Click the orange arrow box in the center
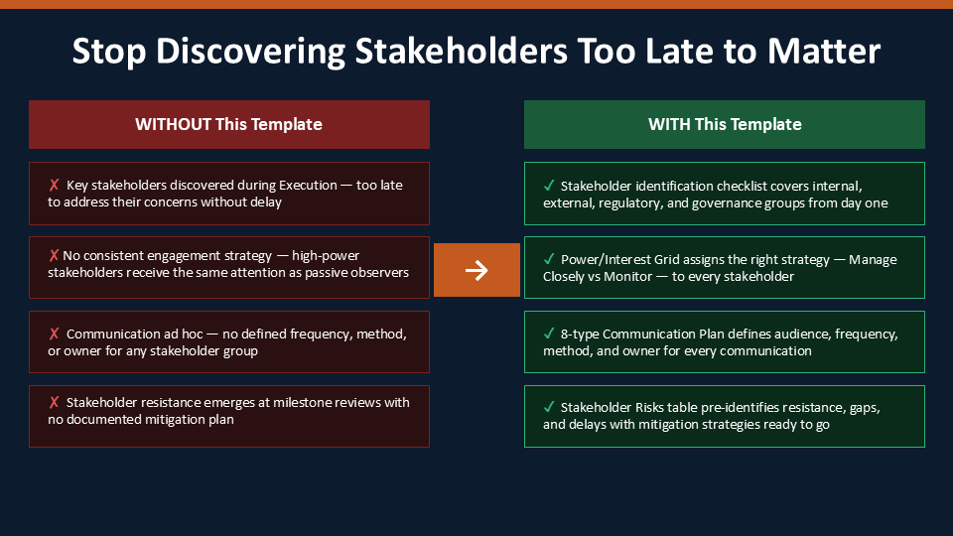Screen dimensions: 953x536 click(x=476, y=270)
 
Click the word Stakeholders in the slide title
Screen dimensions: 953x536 click(x=462, y=51)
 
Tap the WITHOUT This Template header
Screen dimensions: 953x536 click(x=229, y=125)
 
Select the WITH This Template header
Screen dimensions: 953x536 click(x=725, y=125)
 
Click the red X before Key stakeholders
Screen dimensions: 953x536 click(x=54, y=185)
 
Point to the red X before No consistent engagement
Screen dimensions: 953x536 click(x=54, y=255)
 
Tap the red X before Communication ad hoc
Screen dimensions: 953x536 click(x=54, y=334)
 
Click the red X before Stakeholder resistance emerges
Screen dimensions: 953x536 click(x=54, y=402)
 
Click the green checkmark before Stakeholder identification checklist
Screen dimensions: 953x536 click(x=549, y=186)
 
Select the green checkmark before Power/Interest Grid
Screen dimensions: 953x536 click(x=549, y=259)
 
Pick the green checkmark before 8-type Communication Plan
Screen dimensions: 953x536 click(x=549, y=334)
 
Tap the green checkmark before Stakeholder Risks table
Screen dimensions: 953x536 click(x=549, y=407)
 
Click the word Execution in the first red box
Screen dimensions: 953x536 click(x=308, y=186)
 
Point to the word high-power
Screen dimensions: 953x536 click(x=326, y=256)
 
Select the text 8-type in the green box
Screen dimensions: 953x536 click(x=580, y=335)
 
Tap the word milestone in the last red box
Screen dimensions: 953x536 click(x=300, y=402)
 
